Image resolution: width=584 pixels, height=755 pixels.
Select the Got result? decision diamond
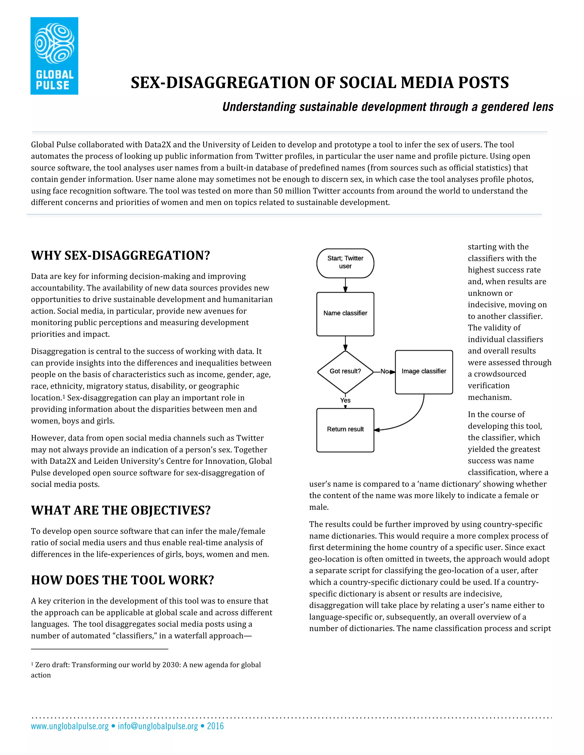tap(345, 372)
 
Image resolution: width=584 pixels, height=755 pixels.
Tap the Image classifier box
tap(423, 372)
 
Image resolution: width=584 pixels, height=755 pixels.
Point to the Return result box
tap(345, 430)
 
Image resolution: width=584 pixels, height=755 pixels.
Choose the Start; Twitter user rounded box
tap(345, 263)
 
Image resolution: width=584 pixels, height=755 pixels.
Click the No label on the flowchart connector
tap(384, 372)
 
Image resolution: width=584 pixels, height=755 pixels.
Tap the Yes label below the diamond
tap(345, 400)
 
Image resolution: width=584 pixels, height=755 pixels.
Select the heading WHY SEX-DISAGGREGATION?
tap(120, 256)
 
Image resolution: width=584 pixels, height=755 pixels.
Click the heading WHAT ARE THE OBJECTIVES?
tap(121, 511)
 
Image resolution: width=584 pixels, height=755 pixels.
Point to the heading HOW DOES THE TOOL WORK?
tap(122, 580)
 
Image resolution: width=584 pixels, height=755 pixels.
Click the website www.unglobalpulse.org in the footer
tap(70, 726)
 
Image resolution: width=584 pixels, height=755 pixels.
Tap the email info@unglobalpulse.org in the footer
tap(158, 726)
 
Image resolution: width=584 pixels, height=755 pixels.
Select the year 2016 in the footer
tap(215, 726)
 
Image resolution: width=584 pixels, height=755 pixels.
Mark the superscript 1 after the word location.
tap(64, 397)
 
